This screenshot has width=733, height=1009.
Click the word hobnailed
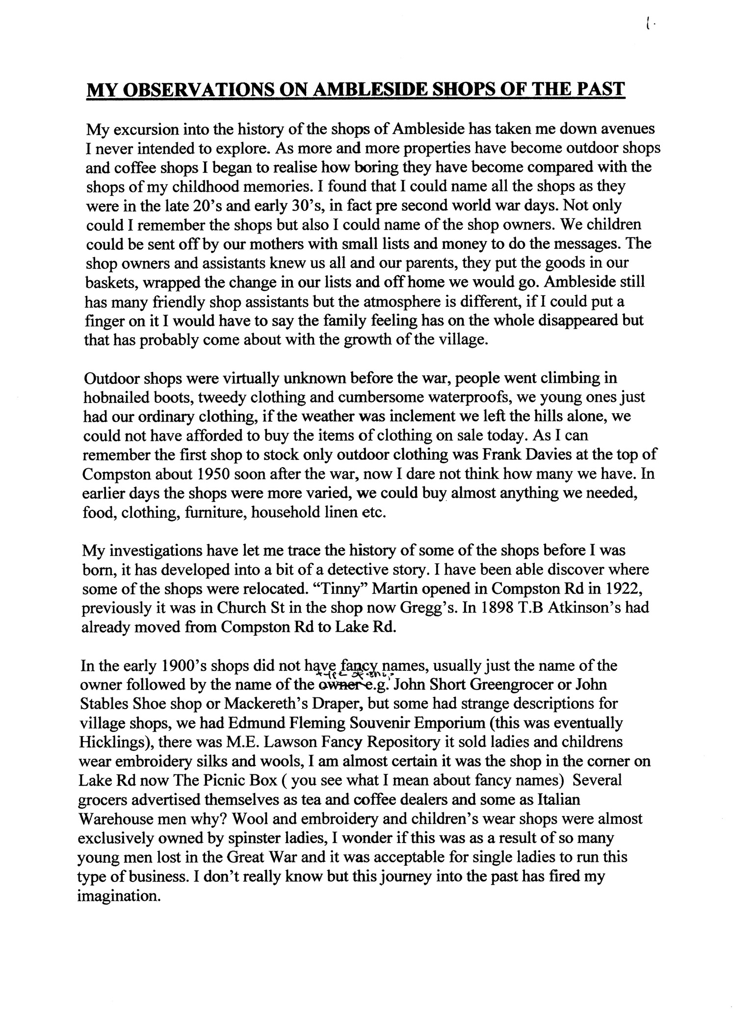pyautogui.click(x=113, y=397)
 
